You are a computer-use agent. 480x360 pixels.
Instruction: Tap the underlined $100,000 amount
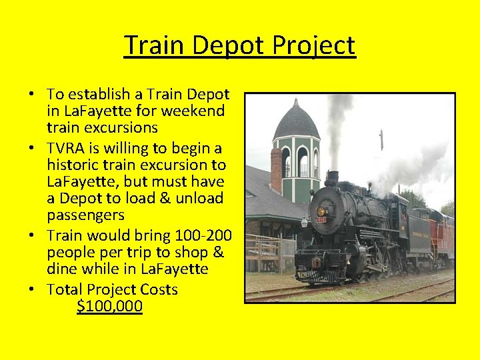click(x=109, y=307)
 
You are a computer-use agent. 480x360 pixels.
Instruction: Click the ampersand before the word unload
click(x=157, y=199)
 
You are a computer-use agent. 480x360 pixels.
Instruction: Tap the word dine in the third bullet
click(x=61, y=269)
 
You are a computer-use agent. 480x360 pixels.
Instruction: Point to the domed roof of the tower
click(x=296, y=123)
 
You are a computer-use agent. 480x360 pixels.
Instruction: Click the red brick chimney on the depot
click(x=276, y=171)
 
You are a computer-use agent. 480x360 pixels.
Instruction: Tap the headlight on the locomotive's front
click(x=321, y=211)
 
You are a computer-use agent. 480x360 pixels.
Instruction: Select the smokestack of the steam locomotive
click(x=331, y=178)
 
